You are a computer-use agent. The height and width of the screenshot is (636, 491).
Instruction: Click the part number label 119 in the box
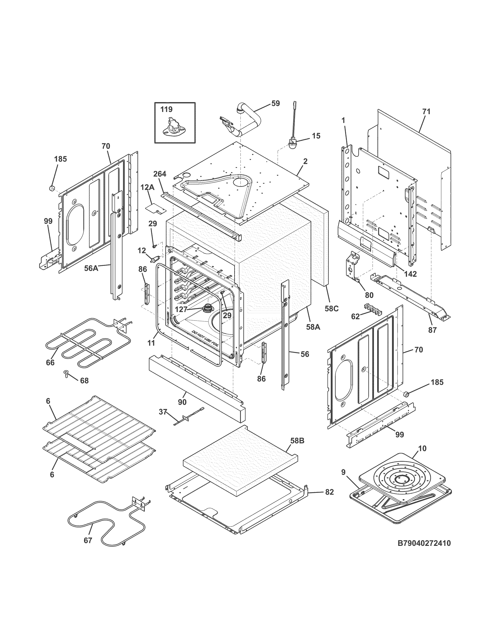[166, 109]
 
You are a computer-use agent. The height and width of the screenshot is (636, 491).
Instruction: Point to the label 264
[160, 174]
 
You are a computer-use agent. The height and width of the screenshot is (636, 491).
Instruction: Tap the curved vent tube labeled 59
[249, 122]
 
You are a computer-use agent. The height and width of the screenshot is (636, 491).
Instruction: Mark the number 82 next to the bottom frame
[329, 492]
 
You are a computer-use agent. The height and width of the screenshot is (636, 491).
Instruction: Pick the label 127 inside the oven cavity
[181, 310]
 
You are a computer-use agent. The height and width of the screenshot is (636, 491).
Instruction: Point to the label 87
[432, 330]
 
